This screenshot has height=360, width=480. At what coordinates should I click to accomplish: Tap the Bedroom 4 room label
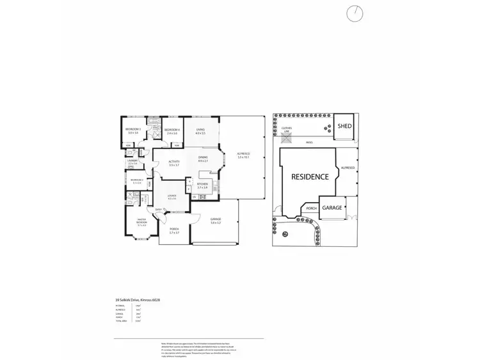(x=171, y=131)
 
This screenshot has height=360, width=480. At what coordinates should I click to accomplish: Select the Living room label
(x=200, y=132)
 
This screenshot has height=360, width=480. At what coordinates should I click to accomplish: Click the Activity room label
(x=173, y=163)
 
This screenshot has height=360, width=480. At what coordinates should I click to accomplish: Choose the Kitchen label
(x=202, y=185)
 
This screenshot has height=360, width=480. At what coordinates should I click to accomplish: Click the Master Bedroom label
(x=141, y=223)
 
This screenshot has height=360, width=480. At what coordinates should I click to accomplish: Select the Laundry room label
(x=133, y=162)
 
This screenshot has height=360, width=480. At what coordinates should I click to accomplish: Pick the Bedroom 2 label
(x=136, y=182)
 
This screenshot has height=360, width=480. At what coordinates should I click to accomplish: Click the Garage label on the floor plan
(x=215, y=221)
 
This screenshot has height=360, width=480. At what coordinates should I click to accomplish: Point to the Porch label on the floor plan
(x=173, y=230)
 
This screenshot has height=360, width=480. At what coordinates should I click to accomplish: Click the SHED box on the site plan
(x=345, y=127)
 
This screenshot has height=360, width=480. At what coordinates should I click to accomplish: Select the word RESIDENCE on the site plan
(x=310, y=176)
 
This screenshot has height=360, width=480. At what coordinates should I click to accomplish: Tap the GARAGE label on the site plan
(x=332, y=208)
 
